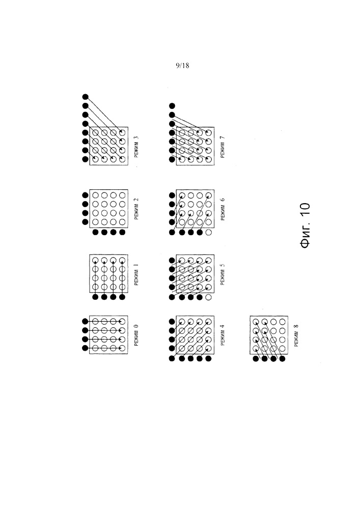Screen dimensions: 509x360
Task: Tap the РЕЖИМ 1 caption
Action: [136, 273]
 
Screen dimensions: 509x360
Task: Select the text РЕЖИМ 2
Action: [136, 207]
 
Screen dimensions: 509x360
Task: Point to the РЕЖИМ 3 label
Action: [136, 146]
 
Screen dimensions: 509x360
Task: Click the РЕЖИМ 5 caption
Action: [223, 273]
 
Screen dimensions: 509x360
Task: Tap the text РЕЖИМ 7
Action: [223, 146]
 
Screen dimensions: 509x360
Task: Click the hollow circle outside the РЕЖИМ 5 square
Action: [208, 296]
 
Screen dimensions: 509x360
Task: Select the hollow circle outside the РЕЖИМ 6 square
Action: [208, 233]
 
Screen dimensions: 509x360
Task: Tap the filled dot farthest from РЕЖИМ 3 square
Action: [86, 96]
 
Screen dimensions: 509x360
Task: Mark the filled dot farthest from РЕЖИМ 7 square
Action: [172, 106]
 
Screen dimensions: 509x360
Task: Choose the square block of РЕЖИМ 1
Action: [108, 273]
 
